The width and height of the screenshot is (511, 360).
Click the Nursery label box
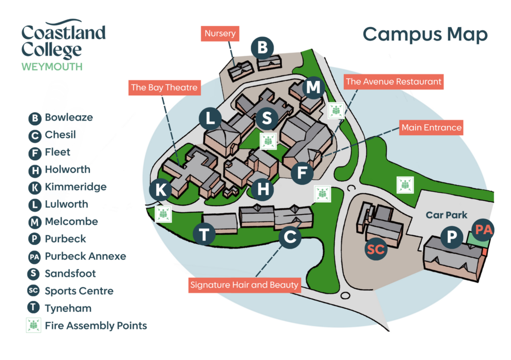(220, 34)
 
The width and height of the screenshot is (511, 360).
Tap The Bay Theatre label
(164, 88)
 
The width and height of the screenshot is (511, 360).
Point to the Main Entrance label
(431, 128)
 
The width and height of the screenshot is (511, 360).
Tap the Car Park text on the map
(447, 215)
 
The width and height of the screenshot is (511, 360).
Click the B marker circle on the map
(262, 48)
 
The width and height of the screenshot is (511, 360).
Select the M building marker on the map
(313, 87)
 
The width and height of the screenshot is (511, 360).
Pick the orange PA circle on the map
(484, 230)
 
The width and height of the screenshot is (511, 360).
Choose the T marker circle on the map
(204, 233)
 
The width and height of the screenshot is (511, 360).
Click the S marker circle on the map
(267, 119)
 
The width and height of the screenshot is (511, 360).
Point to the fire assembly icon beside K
(163, 214)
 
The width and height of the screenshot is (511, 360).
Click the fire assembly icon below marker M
(336, 110)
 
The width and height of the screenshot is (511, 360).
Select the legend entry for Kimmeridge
(75, 187)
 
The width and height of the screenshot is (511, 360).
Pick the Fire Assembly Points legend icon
(34, 326)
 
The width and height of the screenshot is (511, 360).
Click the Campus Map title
(425, 34)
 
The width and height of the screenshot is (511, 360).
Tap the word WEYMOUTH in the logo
(52, 66)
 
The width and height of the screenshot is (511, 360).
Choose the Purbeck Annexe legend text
(85, 256)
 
